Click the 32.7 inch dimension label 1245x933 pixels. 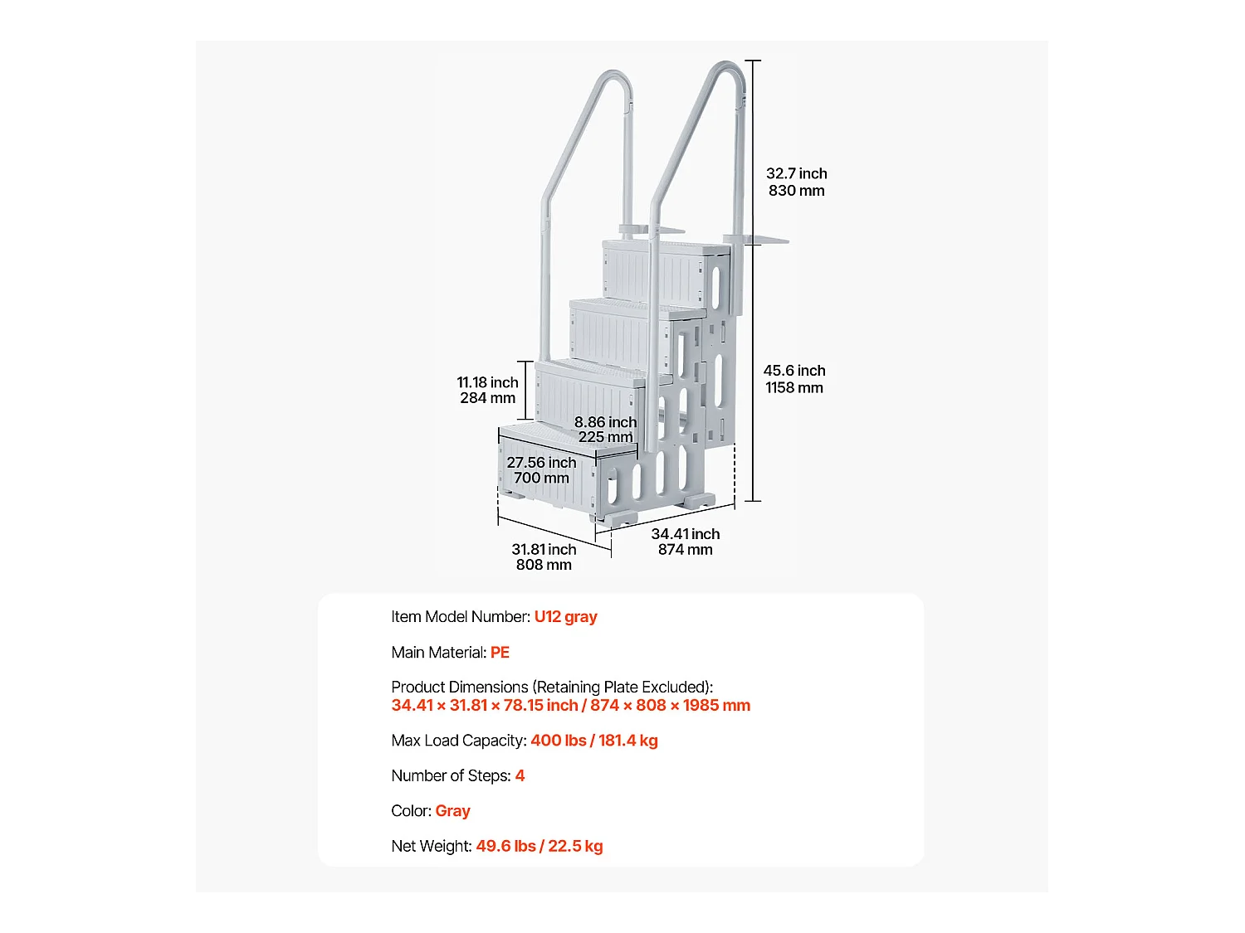(796, 173)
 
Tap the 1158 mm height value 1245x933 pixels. (794, 388)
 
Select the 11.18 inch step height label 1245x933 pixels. (487, 382)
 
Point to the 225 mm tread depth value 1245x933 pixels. (605, 437)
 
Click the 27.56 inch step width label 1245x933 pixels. (541, 463)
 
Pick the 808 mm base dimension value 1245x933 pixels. (544, 565)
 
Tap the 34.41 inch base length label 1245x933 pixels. (686, 534)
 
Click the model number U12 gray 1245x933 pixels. (565, 617)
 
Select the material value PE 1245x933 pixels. (500, 653)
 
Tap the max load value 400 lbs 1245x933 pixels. (558, 741)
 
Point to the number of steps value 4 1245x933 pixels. (520, 776)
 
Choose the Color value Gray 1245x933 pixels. (452, 811)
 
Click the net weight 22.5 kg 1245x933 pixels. (575, 847)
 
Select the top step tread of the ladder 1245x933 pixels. (664, 246)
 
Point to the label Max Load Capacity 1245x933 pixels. (458, 741)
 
